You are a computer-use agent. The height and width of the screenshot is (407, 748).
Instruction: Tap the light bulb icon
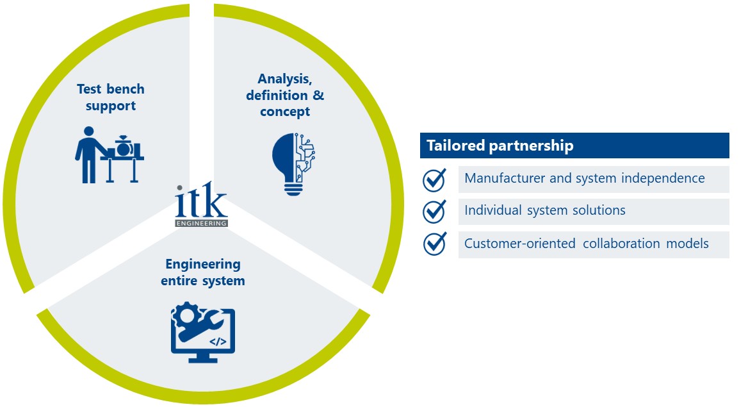click(293, 164)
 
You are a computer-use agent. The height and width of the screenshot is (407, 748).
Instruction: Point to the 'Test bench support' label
click(111, 97)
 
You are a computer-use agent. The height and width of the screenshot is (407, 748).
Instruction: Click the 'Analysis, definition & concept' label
click(285, 95)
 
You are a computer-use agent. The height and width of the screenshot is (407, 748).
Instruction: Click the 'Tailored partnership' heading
click(497, 145)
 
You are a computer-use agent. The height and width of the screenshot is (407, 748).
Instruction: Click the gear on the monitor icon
click(187, 315)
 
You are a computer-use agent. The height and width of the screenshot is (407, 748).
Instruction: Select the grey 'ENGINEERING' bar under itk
click(201, 223)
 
